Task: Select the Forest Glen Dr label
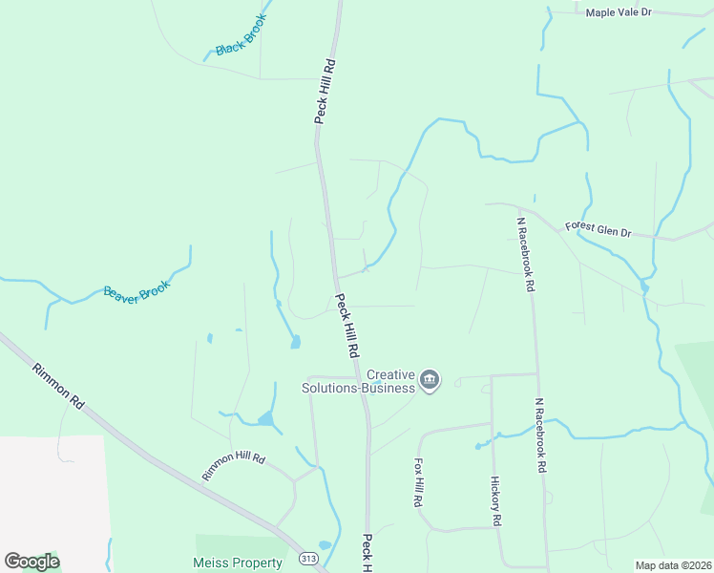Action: click(598, 229)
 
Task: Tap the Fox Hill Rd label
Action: click(418, 481)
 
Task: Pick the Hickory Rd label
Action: click(495, 501)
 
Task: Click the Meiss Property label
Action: click(239, 563)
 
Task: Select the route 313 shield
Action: click(308, 559)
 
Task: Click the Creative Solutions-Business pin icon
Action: click(430, 381)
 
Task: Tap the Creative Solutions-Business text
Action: click(358, 381)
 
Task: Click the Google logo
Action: click(31, 562)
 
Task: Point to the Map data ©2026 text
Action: click(673, 565)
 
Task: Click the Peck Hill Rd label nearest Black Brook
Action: click(326, 92)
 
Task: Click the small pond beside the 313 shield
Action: click(325, 545)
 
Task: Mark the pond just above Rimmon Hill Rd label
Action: click(264, 418)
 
